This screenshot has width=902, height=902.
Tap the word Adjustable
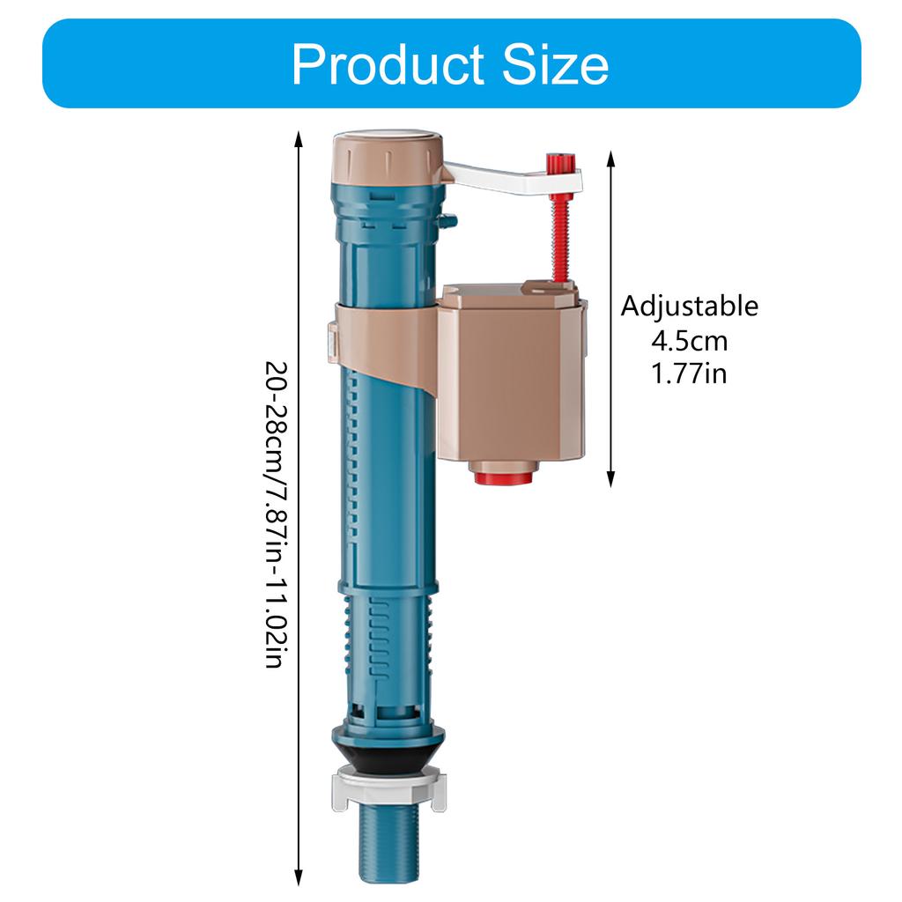point(689,307)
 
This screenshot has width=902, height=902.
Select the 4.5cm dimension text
point(689,340)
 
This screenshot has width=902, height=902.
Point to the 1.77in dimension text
point(689,373)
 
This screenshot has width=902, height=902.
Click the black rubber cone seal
point(388,756)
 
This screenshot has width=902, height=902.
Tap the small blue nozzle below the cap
point(451,220)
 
